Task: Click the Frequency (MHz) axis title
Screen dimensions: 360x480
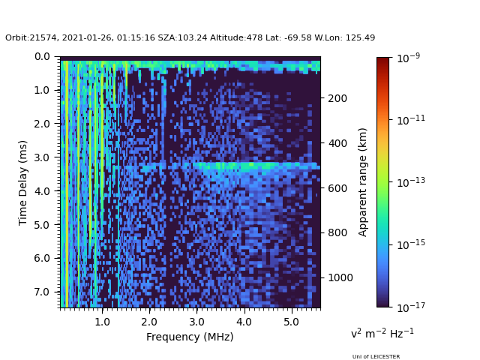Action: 190,337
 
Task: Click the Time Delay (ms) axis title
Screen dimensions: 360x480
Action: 23,182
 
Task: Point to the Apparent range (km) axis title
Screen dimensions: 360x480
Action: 363,181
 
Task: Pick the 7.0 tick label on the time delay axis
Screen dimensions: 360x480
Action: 43,292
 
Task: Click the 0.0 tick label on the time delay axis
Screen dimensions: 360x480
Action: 43,56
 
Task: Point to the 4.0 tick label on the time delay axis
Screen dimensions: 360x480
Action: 43,191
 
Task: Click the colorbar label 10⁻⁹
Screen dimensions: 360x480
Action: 409,57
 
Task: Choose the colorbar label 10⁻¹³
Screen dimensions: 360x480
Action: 410,181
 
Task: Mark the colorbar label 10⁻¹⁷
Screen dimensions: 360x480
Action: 410,306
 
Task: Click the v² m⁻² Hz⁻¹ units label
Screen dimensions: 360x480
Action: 382,333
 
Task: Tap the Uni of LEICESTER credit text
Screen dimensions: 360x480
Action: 376,357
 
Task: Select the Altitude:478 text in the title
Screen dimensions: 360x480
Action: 248,38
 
